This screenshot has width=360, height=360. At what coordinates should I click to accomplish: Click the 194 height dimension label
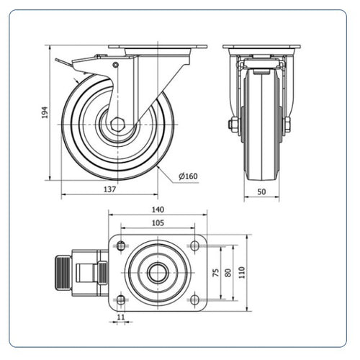click(45, 112)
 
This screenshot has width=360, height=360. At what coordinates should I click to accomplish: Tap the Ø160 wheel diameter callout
click(188, 176)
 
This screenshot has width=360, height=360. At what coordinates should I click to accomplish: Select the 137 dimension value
click(109, 189)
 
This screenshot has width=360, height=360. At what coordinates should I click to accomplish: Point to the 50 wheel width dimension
click(261, 192)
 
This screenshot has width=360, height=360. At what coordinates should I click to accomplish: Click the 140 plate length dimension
click(158, 210)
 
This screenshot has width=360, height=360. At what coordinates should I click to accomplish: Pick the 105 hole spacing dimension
click(158, 223)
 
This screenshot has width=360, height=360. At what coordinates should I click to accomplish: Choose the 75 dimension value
click(216, 273)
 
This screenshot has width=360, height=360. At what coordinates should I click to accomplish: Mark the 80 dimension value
click(228, 273)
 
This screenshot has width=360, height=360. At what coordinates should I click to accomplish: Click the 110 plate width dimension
click(242, 273)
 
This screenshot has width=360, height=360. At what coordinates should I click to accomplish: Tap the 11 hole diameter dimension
click(121, 317)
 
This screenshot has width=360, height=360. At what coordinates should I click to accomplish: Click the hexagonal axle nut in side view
click(117, 125)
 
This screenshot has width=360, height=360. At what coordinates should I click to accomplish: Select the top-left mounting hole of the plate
click(121, 246)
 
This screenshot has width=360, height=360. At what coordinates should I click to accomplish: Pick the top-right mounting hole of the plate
click(194, 246)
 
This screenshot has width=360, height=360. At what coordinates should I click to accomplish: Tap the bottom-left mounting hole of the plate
click(121, 300)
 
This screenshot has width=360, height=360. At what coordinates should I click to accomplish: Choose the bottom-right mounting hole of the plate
click(194, 300)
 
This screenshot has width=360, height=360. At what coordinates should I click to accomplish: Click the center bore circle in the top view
click(158, 273)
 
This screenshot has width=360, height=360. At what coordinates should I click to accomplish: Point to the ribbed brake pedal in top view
click(63, 273)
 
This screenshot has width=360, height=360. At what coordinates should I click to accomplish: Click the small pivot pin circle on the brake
click(116, 65)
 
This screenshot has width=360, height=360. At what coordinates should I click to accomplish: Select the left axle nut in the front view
click(233, 125)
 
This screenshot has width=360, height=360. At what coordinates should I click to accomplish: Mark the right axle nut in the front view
click(287, 125)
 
